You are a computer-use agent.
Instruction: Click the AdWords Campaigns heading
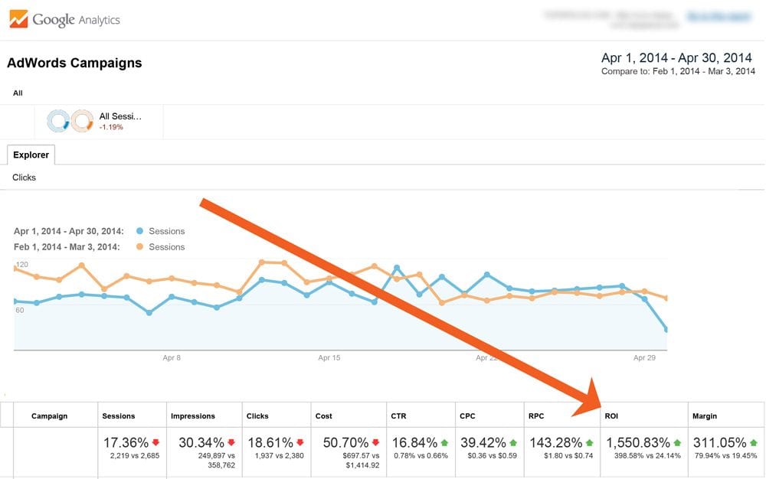[x=74, y=64]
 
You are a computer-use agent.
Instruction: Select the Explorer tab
[x=31, y=155]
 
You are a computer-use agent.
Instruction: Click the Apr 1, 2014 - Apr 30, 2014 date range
[x=677, y=58]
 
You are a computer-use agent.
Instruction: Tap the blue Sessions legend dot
[x=139, y=231]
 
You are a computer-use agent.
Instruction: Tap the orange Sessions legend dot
[x=139, y=247]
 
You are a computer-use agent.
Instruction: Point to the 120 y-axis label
[x=21, y=265]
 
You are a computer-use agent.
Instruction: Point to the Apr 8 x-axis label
[x=172, y=357]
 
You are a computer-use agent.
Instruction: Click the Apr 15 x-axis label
[x=329, y=357]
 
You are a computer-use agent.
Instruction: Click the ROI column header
[x=612, y=416]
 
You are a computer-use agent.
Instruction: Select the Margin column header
[x=705, y=416]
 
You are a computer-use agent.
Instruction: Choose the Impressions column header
[x=192, y=416]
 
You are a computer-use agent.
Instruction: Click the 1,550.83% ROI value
[x=637, y=442]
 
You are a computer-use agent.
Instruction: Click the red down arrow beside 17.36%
[x=156, y=442]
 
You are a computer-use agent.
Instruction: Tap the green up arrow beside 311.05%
[x=753, y=442]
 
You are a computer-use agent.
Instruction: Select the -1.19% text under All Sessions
[x=111, y=127]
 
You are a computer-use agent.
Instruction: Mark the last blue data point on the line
[x=666, y=330]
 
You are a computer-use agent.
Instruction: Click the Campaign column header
[x=50, y=416]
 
